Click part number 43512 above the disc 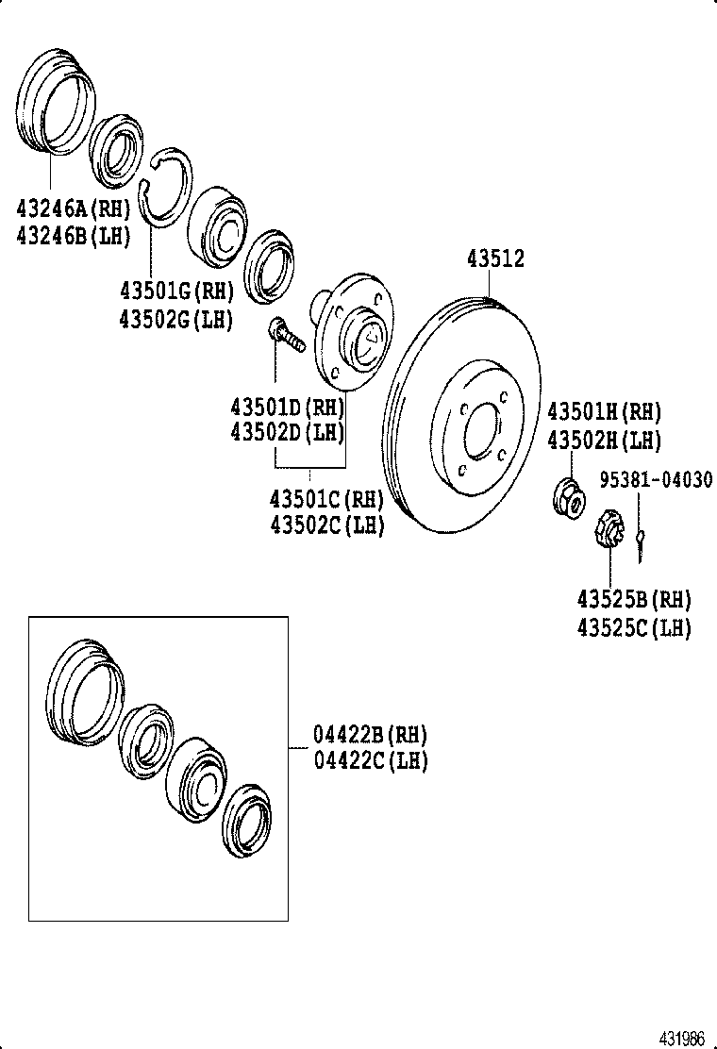[495, 259]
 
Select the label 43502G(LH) [175, 320]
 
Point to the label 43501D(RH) [287, 408]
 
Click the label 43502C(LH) [327, 524]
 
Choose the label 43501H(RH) [605, 412]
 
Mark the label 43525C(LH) [634, 628]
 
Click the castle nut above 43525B [609, 526]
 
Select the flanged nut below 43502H [569, 497]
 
